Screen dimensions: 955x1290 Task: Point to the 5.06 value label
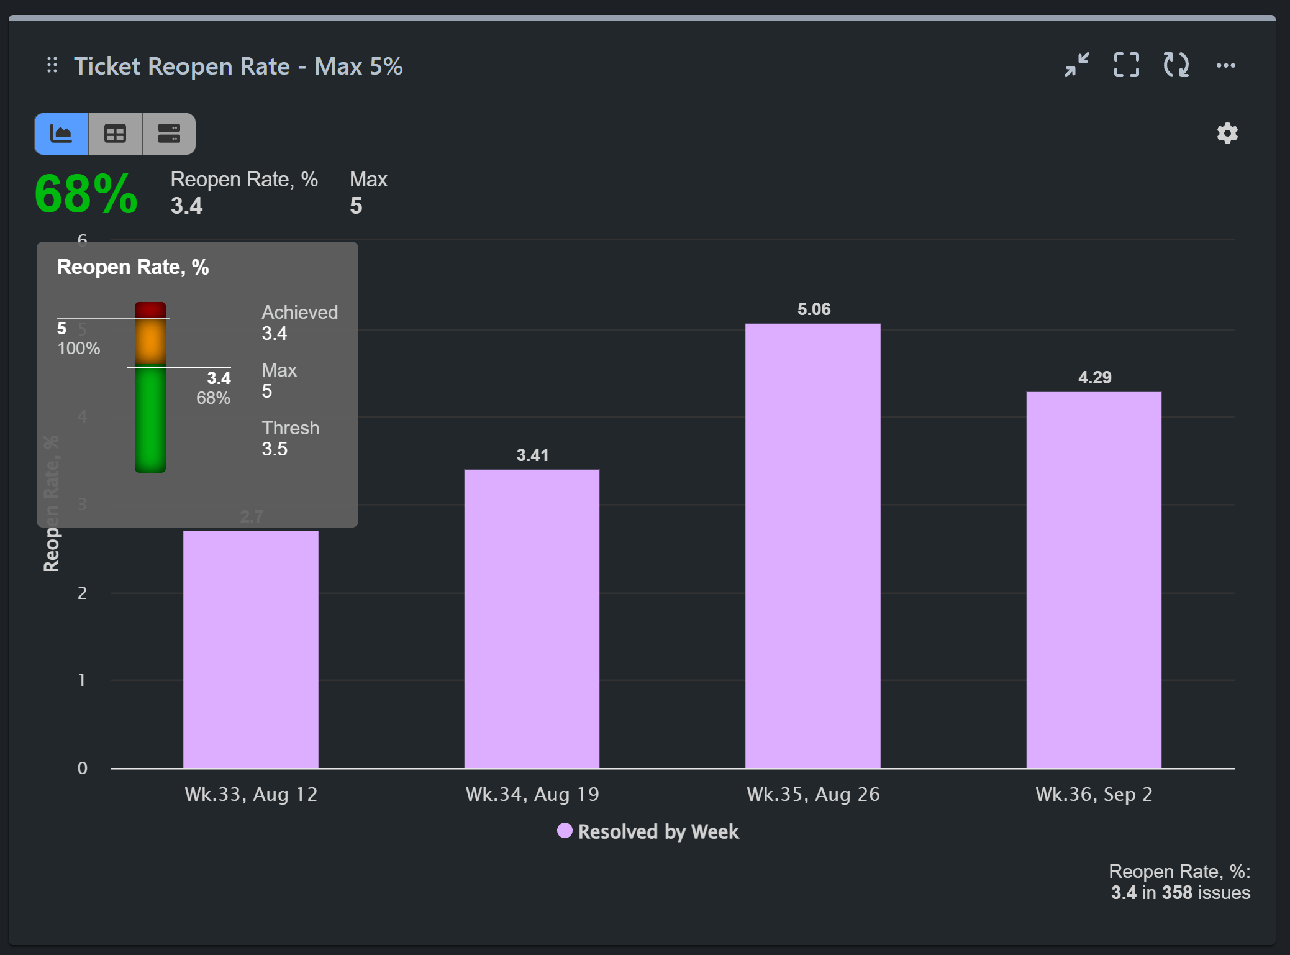(814, 309)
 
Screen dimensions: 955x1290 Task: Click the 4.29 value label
(1094, 377)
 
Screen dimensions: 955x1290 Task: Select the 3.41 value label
(532, 455)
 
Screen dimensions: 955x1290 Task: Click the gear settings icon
(1227, 133)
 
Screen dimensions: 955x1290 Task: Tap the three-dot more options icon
(1225, 65)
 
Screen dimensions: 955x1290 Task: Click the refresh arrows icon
(1176, 65)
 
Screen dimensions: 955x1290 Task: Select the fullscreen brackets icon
(1126, 65)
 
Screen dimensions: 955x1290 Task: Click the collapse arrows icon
(1076, 65)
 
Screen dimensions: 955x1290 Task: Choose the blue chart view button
(61, 134)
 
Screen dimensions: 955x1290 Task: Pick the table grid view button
(115, 134)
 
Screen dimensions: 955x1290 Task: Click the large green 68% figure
(86, 194)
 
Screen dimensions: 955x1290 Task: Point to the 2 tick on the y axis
(82, 593)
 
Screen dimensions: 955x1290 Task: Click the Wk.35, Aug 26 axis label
(812, 794)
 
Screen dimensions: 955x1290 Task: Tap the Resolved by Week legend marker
(564, 831)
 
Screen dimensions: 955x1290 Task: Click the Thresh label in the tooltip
(290, 427)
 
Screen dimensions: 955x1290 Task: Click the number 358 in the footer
(1177, 892)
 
